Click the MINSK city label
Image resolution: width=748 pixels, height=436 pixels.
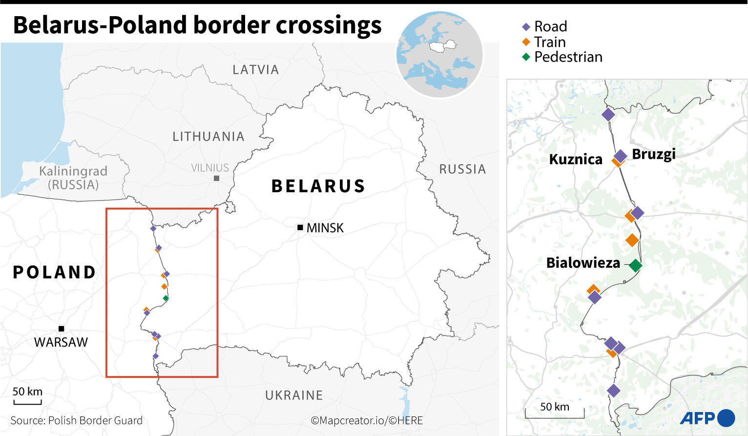click(325, 228)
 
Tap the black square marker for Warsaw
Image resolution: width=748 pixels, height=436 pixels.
click(61, 328)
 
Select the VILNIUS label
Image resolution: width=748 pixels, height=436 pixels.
click(210, 168)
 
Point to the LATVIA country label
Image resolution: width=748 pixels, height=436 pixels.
click(255, 70)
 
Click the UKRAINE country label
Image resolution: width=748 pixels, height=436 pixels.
click(294, 395)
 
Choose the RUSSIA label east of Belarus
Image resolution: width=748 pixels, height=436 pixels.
click(462, 169)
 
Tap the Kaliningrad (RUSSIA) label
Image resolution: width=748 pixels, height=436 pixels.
click(73, 178)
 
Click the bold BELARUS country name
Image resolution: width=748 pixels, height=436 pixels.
click(318, 186)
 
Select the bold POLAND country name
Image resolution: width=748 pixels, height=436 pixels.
click(54, 272)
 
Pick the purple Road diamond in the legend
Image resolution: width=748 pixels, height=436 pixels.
click(526, 27)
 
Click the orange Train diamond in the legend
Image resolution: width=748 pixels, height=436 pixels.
click(526, 42)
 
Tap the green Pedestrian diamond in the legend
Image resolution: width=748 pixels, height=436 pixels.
click(526, 57)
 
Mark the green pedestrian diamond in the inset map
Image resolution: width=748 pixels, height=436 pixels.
click(635, 265)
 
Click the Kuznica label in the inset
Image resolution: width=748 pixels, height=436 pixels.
click(576, 159)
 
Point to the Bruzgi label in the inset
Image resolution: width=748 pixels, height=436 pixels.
click(653, 154)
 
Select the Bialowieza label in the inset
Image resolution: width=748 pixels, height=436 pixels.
click(583, 263)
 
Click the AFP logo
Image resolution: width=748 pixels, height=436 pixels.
click(706, 418)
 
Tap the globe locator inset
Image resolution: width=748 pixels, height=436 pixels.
click(439, 54)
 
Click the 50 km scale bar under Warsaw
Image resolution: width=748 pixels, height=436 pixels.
click(27, 402)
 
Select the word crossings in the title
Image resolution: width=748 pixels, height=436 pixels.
click(329, 25)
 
